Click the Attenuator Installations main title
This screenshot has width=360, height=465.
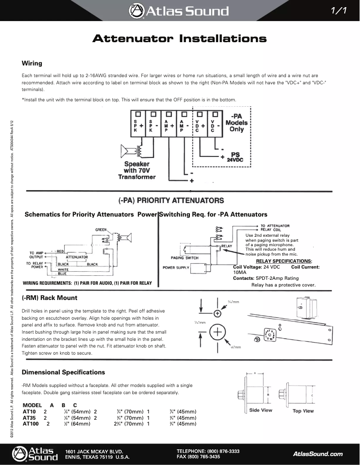coord(180,39)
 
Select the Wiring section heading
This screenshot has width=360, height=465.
coord(32,63)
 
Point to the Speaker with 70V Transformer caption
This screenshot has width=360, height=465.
coord(137,170)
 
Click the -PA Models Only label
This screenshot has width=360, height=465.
coord(237,122)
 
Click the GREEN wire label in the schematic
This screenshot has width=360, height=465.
coord(101,230)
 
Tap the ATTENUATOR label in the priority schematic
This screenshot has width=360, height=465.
coord(76,257)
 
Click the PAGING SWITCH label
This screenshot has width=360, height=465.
coord(184,258)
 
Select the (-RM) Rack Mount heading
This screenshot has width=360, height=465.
coord(49,298)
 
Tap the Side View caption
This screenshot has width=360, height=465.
coord(260,410)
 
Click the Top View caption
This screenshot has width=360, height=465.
coord(303,411)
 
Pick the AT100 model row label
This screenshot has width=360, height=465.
coord(31,423)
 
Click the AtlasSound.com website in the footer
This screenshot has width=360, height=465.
coord(317,454)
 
